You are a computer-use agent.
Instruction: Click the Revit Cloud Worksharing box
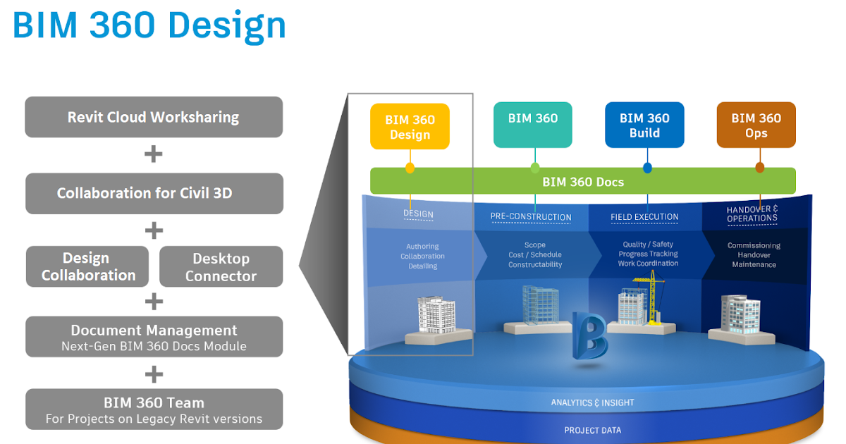154,117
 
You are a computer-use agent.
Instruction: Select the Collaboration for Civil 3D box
154,193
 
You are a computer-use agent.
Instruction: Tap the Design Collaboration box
88,266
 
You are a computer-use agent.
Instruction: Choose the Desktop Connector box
221,266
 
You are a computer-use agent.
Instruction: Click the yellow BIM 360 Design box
410,127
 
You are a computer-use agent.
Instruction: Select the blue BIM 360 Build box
644,125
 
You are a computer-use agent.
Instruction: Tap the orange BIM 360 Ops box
756,125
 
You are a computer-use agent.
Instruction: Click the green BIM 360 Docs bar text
582,182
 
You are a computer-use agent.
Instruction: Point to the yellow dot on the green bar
410,168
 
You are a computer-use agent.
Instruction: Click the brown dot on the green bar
759,168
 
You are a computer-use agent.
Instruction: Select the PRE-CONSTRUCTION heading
531,217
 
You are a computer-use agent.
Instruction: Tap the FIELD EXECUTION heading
644,217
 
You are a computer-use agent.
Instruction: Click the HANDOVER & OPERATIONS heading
752,214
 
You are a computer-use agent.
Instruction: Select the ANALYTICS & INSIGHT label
592,402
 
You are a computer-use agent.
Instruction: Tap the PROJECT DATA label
592,430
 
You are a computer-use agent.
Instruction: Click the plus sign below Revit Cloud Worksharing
153,154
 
